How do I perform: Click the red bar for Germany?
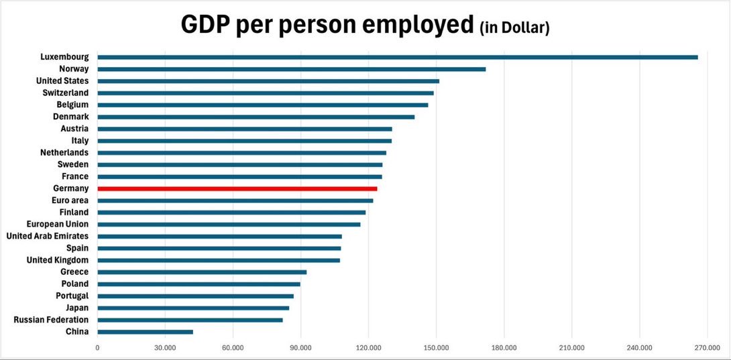tap(237, 189)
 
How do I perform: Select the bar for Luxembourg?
tap(398, 57)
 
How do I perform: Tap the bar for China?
tap(145, 332)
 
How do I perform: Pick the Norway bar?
tap(291, 69)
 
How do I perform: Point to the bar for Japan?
tap(193, 308)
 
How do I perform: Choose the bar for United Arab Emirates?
tap(219, 237)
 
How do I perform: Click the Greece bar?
tap(202, 272)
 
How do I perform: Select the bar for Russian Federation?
tap(190, 320)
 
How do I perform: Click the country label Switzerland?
tap(66, 93)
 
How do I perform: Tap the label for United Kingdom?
tap(58, 260)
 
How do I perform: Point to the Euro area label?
tap(70, 200)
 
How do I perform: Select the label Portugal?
tap(72, 296)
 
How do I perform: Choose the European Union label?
tap(58, 225)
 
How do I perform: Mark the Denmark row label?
tap(70, 117)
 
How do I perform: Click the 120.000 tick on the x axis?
tap(368, 347)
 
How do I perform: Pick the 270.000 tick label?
tap(707, 347)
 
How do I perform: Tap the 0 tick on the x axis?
tap(98, 347)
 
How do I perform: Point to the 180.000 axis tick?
tap(504, 347)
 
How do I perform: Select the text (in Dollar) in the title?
tap(514, 29)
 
